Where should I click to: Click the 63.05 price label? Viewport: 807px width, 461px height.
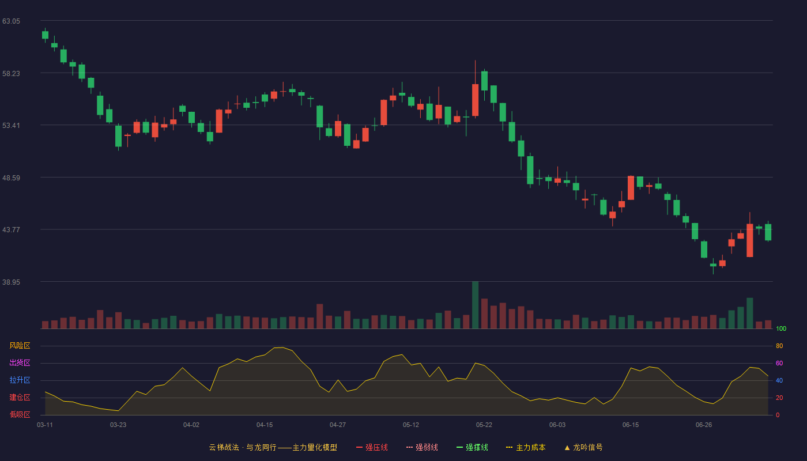(11, 21)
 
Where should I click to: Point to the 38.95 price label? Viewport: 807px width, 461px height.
(11, 282)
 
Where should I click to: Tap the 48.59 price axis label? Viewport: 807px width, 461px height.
(11, 178)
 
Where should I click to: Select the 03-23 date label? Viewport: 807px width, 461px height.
(118, 425)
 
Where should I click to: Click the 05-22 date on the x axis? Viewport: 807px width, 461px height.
(484, 425)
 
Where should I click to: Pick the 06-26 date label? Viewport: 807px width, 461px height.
(704, 425)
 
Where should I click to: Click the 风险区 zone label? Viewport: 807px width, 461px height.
(20, 346)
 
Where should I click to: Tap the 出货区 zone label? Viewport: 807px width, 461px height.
(20, 362)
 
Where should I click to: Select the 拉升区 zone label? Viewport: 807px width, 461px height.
(20, 380)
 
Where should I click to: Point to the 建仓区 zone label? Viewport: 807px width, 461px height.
(20, 397)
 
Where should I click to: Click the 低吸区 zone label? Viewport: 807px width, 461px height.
(20, 414)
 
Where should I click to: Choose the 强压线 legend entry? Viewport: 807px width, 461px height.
(372, 447)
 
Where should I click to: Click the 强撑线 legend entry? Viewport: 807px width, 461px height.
(472, 447)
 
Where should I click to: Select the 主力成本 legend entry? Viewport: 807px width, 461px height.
(526, 447)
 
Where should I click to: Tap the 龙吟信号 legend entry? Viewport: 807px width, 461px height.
(583, 447)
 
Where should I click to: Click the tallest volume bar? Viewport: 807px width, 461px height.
(475, 305)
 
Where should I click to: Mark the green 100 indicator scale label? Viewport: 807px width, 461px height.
(781, 328)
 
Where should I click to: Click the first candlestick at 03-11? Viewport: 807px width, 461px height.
(45, 35)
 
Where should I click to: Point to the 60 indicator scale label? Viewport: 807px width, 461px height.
(779, 363)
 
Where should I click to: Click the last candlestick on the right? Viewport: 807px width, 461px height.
(768, 232)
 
